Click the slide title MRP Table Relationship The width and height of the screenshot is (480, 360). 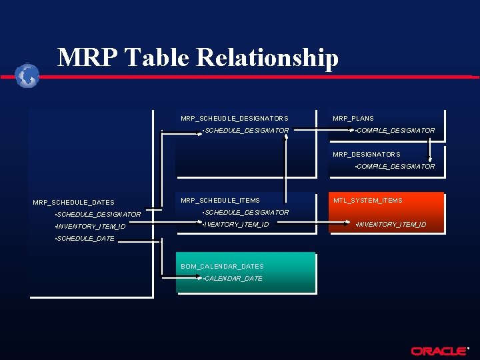(x=198, y=58)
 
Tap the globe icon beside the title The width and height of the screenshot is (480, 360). (x=27, y=75)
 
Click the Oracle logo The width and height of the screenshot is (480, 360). (x=439, y=351)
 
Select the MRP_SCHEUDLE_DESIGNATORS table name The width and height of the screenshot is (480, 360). (x=234, y=119)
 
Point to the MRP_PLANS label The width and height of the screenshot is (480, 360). (x=353, y=119)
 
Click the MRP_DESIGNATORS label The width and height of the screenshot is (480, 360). (x=367, y=155)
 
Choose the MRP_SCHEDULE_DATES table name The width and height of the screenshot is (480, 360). (x=73, y=203)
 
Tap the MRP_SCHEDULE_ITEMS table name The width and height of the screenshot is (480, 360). (x=220, y=201)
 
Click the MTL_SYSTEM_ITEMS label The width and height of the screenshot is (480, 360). (x=368, y=201)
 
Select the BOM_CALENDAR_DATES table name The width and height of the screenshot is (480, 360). (x=222, y=267)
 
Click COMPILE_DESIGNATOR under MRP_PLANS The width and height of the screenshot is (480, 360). (x=395, y=131)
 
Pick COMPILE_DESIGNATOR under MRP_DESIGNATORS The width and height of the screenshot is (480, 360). (x=395, y=167)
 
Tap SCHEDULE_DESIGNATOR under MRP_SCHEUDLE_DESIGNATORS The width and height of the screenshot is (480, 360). (x=247, y=131)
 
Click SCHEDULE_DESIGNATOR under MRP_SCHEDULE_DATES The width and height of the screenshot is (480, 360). (x=99, y=215)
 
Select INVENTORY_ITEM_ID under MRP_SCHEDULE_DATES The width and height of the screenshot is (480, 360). (x=91, y=227)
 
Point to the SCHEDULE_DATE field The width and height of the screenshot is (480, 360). (x=85, y=239)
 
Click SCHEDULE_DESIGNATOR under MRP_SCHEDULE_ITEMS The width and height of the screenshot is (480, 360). (x=247, y=213)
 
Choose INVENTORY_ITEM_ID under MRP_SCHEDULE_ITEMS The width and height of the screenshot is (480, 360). (x=237, y=225)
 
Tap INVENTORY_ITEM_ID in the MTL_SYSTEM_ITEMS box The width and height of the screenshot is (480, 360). (x=392, y=225)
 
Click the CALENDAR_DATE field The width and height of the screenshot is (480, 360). (x=233, y=279)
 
